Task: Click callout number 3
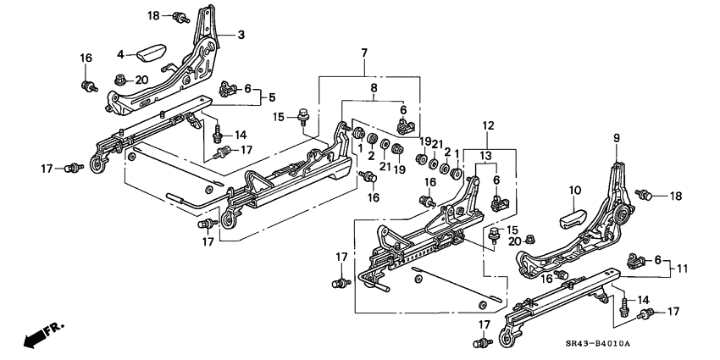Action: tap(241, 35)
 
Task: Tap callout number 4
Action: tap(120, 54)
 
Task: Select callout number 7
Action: tap(363, 53)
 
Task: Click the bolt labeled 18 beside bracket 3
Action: tap(179, 16)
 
